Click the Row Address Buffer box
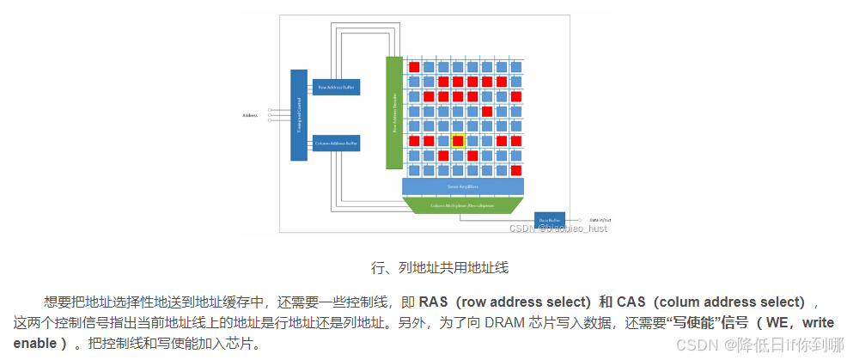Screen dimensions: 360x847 336,87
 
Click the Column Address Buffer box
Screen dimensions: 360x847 336,143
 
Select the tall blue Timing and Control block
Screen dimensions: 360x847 299,115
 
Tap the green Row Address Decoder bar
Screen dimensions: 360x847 394,113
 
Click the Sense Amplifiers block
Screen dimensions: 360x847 463,186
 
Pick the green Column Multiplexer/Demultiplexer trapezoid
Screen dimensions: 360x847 463,205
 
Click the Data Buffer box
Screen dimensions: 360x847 549,220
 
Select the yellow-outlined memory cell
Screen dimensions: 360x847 458,140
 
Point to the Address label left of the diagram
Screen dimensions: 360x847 250,114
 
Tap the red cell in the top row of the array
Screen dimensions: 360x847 414,66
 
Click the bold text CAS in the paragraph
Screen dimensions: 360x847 631,302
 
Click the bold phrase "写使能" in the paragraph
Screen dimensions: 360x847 689,323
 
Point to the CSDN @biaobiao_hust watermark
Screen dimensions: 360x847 558,228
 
